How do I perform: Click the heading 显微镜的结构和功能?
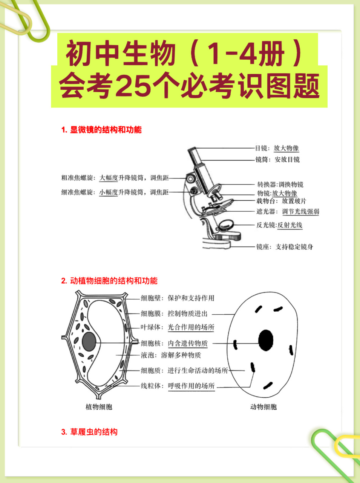tap(101, 130)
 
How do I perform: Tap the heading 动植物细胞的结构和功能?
tap(109, 281)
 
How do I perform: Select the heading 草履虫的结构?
tap(89, 432)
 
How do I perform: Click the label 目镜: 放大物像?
tap(277, 148)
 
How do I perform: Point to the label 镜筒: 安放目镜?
tap(277, 160)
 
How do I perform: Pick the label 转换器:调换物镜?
tap(280, 185)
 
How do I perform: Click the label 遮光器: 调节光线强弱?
tap(288, 212)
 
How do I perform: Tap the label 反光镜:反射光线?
tap(279, 225)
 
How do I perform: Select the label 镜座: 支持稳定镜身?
tap(285, 247)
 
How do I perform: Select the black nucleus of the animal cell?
tap(266, 340)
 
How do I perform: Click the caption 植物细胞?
tap(99, 407)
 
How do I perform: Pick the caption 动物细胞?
tap(263, 407)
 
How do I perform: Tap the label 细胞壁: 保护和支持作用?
tap(178, 298)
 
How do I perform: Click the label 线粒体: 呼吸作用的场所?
tap(178, 386)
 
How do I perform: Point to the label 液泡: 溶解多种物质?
tap(171, 355)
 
